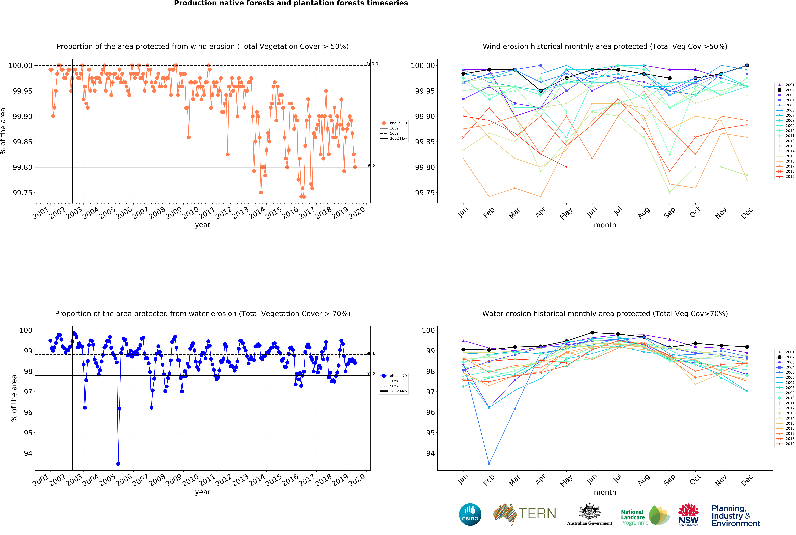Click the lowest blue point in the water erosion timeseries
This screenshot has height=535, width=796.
[118, 464]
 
